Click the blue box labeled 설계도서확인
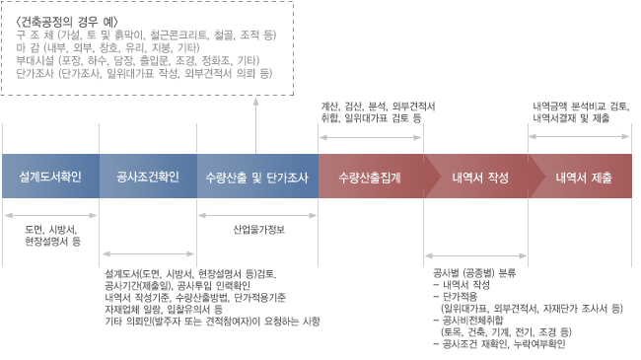(x=50, y=178)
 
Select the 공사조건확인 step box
(x=148, y=178)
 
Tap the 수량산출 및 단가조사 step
(x=258, y=178)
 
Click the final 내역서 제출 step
(x=583, y=178)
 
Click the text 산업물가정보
(x=258, y=230)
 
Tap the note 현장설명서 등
(x=52, y=240)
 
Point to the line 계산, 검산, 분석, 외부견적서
(x=380, y=106)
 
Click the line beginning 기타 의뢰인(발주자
(x=212, y=322)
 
